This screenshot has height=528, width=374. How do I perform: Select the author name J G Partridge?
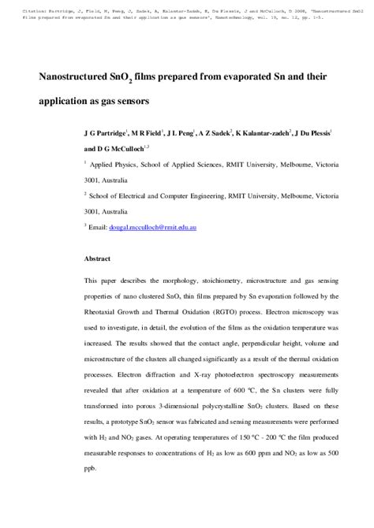click(x=106, y=134)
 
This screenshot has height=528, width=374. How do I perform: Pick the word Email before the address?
click(x=102, y=227)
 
